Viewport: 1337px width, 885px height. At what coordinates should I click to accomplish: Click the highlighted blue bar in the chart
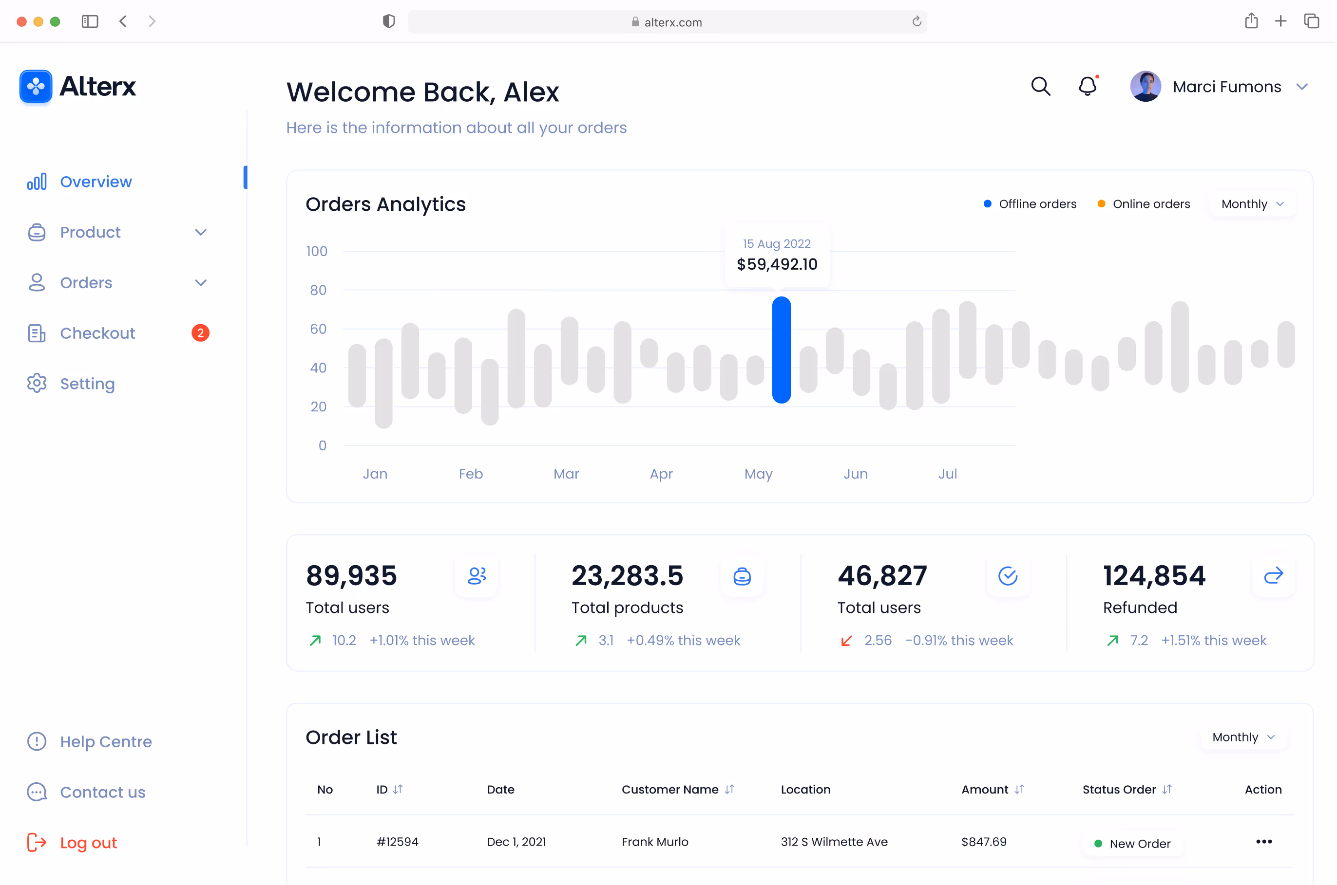(782, 350)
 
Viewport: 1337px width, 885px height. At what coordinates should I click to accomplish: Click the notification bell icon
(1088, 86)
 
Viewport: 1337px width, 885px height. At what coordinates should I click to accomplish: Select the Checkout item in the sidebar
(97, 333)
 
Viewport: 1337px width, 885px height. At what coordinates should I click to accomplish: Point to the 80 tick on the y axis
(318, 290)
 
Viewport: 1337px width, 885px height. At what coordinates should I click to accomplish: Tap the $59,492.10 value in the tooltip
(777, 264)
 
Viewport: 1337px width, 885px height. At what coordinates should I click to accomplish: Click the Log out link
(88, 843)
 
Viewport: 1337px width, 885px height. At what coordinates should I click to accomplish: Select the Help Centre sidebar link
(106, 742)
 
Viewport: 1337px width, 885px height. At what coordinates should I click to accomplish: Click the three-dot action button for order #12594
(1264, 842)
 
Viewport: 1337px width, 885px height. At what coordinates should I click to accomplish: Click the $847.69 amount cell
(984, 842)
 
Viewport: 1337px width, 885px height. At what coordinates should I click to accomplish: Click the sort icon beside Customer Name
(730, 789)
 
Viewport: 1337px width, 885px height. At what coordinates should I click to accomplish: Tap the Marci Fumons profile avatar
(1146, 86)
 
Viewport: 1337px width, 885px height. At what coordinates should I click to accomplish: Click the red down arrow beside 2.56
(846, 641)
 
